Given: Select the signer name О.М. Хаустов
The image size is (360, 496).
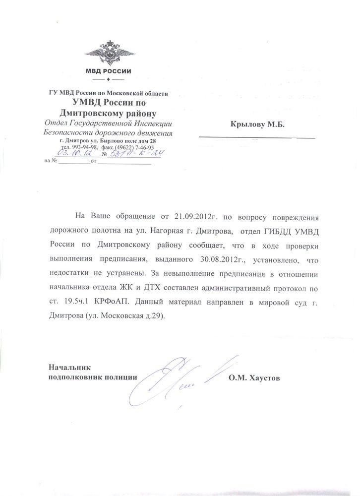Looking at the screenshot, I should pyautogui.click(x=254, y=378).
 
